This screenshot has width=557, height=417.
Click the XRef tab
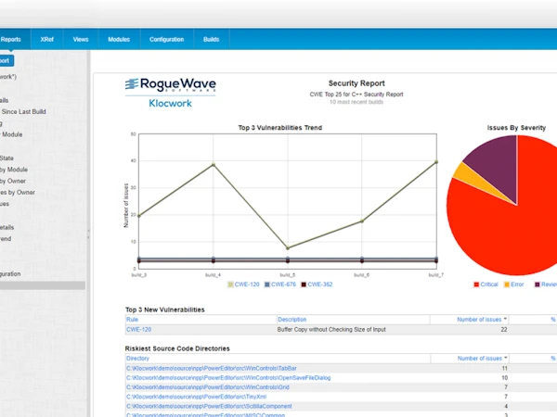(x=46, y=40)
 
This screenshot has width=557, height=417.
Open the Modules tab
(x=118, y=40)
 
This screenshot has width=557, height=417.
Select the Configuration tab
(x=166, y=40)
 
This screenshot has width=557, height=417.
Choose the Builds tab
(x=211, y=40)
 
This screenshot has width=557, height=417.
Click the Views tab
(x=81, y=40)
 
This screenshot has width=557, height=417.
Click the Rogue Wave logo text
(x=170, y=85)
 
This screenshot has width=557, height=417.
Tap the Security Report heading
(x=357, y=82)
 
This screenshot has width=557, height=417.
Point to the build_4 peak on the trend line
(x=214, y=164)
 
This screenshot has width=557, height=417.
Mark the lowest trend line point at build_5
(x=288, y=248)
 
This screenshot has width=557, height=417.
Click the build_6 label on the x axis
(x=362, y=275)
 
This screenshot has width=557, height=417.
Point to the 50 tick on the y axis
(x=135, y=134)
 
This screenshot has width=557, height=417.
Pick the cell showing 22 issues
(x=503, y=329)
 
